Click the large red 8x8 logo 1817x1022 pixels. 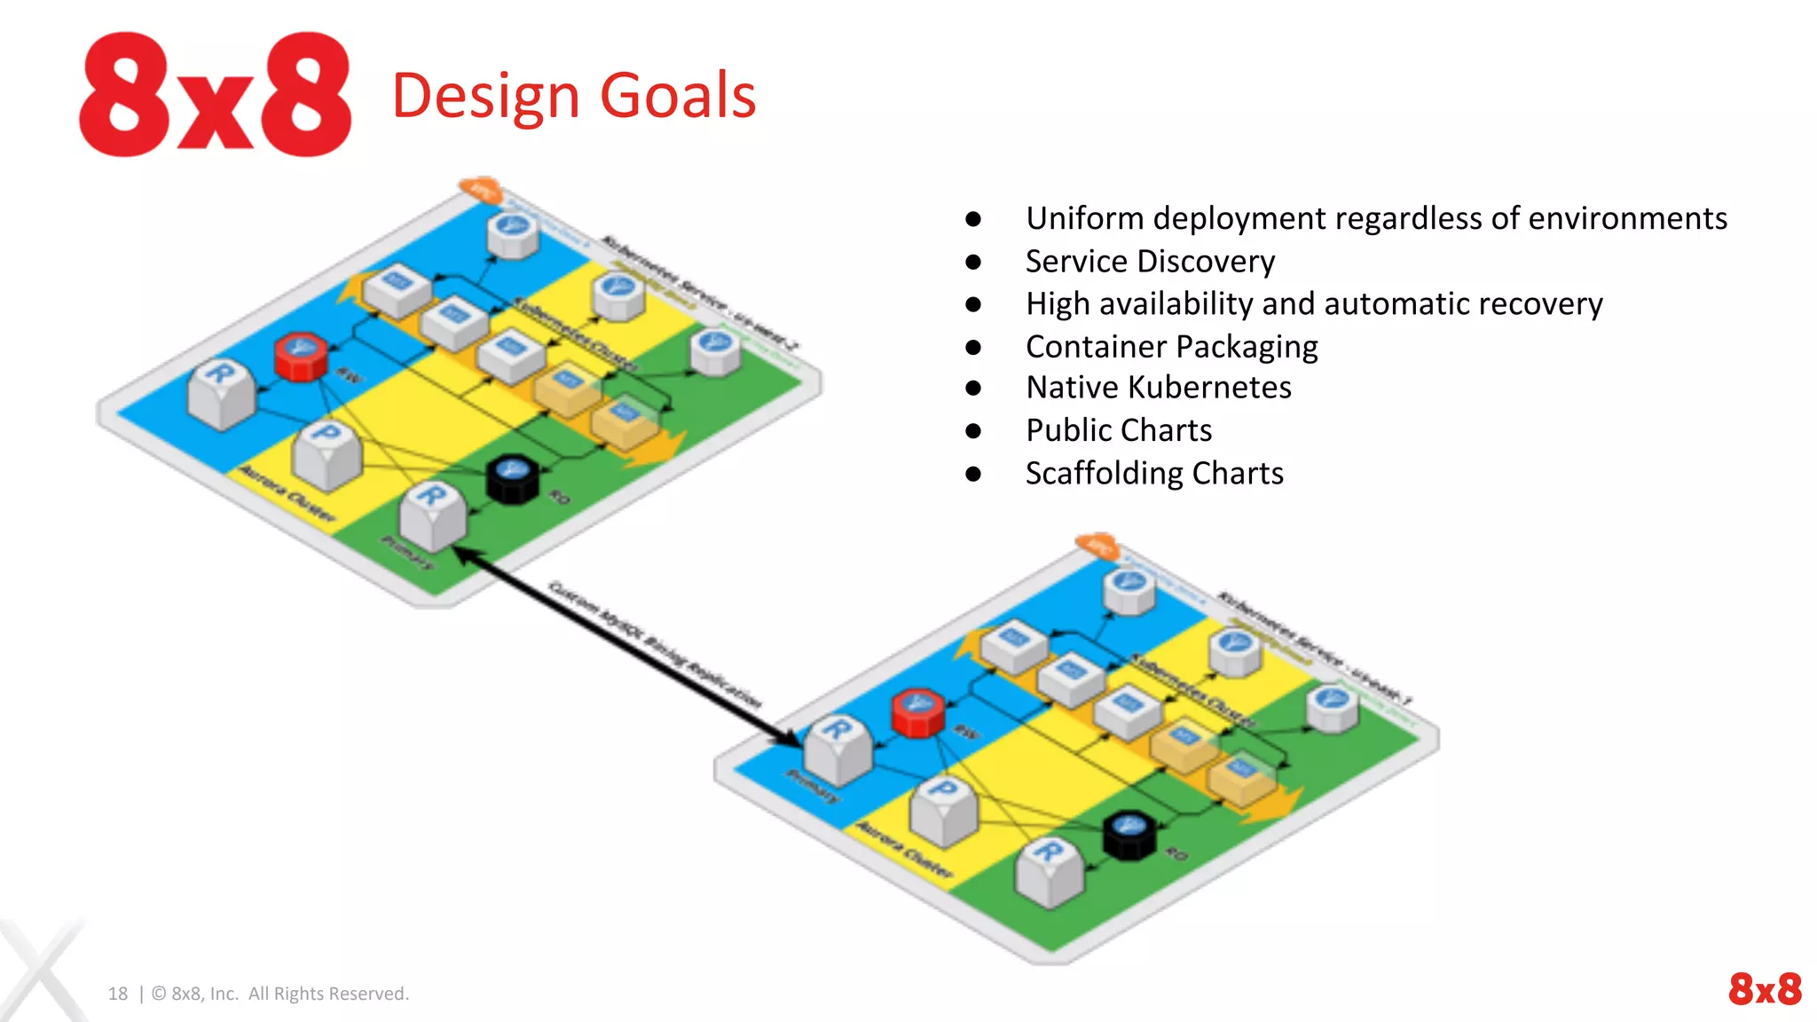point(216,95)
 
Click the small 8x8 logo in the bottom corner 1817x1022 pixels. point(1764,988)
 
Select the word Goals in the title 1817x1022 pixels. point(678,96)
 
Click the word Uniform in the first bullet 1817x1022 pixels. point(1084,218)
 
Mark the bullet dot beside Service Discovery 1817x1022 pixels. point(973,262)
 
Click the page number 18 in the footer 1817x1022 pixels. point(118,994)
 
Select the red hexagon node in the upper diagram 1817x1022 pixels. point(301,357)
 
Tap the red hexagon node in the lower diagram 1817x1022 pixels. point(917,713)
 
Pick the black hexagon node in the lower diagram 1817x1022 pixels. point(1129,836)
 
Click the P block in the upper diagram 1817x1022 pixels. point(327,453)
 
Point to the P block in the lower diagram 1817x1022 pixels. point(944,809)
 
